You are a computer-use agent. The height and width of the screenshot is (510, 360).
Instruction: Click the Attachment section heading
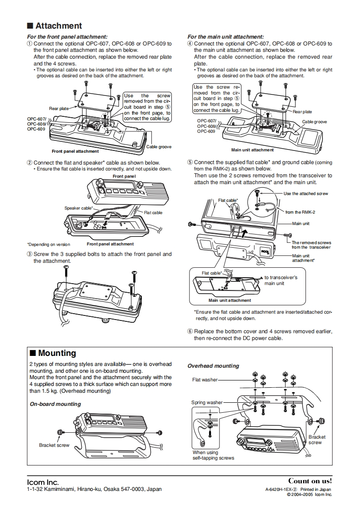(x=58, y=26)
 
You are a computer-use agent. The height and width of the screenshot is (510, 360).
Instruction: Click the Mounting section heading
(x=57, y=353)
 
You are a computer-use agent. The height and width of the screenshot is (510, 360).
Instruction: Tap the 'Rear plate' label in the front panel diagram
(x=59, y=108)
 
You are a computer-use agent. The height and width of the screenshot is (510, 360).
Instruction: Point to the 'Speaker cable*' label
(x=78, y=208)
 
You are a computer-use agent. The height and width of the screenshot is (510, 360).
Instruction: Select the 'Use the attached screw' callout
(x=305, y=194)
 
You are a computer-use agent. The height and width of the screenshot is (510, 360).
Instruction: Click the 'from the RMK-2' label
(x=300, y=212)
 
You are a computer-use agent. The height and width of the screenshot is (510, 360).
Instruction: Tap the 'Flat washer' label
(x=205, y=380)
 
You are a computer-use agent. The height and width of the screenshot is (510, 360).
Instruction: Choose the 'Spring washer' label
(x=207, y=402)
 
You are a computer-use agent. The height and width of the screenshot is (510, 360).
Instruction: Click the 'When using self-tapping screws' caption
(x=213, y=455)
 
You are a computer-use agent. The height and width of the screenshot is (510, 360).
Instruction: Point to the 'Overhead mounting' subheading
(x=213, y=366)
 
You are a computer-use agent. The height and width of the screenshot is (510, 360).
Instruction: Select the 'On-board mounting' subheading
(x=55, y=404)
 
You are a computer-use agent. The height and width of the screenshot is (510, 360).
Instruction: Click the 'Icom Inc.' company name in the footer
(x=43, y=482)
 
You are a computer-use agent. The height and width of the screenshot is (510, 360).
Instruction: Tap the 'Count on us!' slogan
(x=310, y=481)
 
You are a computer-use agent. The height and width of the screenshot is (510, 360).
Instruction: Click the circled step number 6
(x=190, y=332)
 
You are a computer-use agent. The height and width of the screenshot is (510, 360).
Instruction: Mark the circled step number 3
(x=30, y=255)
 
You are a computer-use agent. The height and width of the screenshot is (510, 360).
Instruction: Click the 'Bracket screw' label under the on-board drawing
(x=54, y=445)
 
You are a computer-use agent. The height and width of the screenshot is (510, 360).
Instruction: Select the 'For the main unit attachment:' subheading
(x=225, y=36)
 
